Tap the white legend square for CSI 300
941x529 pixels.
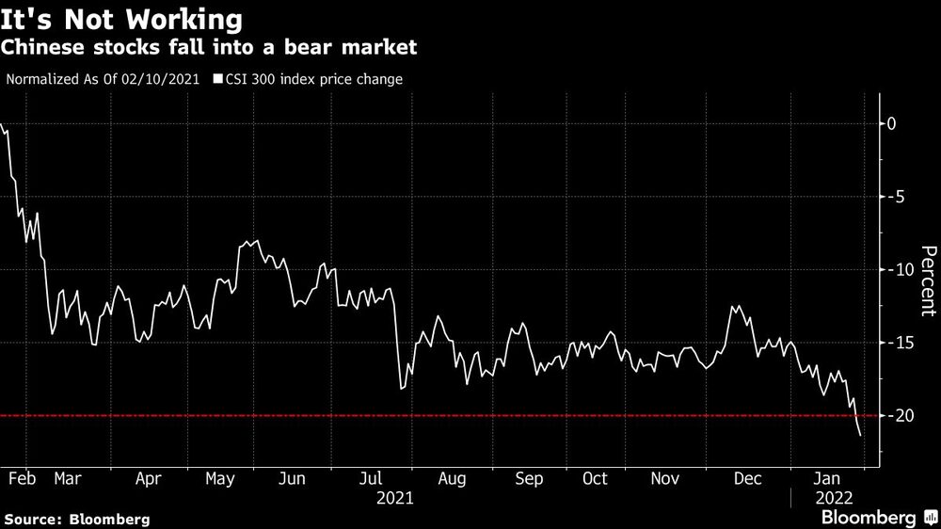(218, 79)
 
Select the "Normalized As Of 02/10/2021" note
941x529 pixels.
(103, 79)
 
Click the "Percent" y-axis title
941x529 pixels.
(928, 280)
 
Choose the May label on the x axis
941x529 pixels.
(219, 478)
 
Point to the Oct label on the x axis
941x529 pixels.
(595, 478)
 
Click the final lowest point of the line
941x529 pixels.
(861, 435)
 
